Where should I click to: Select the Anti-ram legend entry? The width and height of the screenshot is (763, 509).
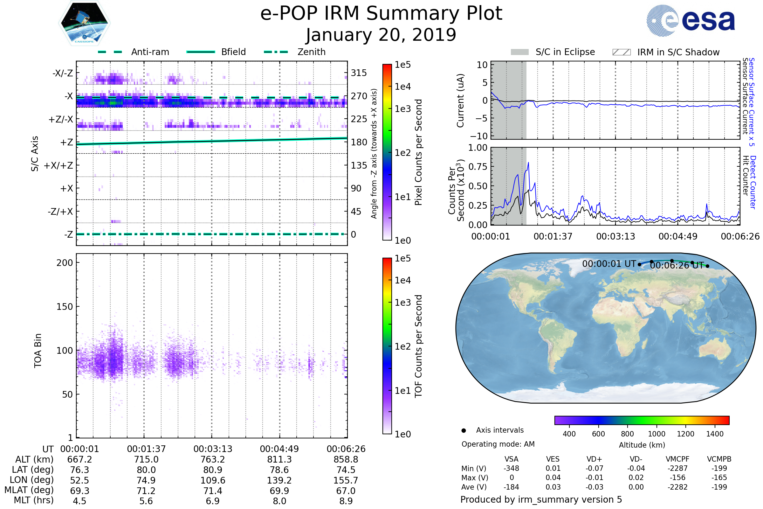click(150, 52)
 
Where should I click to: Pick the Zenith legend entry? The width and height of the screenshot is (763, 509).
click(311, 52)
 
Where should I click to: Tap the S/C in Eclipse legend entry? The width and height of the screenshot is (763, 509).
click(565, 52)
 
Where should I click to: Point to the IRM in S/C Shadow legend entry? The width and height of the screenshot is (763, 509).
click(678, 52)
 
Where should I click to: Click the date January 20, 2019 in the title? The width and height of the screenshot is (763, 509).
click(381, 35)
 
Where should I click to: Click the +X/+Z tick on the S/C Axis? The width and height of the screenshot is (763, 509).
click(58, 165)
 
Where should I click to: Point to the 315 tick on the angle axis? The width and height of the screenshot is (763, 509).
click(359, 73)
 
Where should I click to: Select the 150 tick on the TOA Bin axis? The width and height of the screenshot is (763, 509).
click(65, 307)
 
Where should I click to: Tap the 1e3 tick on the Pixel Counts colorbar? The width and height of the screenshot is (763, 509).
click(402, 109)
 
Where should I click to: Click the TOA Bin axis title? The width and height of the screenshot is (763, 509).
click(38, 350)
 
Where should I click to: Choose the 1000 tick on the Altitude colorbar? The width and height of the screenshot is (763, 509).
click(656, 434)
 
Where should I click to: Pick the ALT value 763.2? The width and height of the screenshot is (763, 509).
click(213, 460)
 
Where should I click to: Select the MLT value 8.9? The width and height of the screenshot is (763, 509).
click(346, 501)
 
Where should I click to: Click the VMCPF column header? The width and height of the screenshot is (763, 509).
click(677, 459)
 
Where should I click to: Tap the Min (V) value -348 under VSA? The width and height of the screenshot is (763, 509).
click(511, 468)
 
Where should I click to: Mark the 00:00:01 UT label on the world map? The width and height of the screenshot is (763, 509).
click(609, 264)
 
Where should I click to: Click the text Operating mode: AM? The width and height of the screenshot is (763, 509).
click(498, 444)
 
